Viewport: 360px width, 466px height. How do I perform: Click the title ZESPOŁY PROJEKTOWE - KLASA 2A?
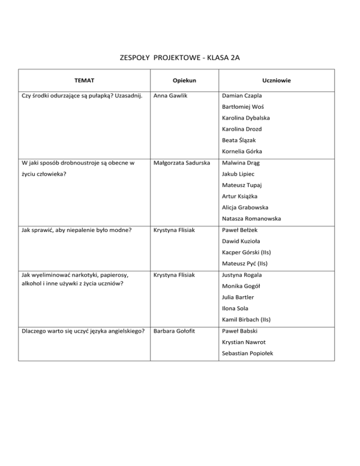[x=180, y=58]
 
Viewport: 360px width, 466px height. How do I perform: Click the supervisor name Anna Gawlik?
[x=170, y=97]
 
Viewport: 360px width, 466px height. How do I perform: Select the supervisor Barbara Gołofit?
[x=173, y=331]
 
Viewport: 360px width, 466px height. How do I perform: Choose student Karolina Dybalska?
[x=246, y=118]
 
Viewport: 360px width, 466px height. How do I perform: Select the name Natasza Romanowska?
[x=251, y=218]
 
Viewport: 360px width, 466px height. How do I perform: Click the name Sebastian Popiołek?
[x=247, y=353]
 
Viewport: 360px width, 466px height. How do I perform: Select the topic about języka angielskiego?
[x=82, y=331]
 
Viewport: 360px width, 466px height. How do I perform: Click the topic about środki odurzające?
[x=79, y=97]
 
